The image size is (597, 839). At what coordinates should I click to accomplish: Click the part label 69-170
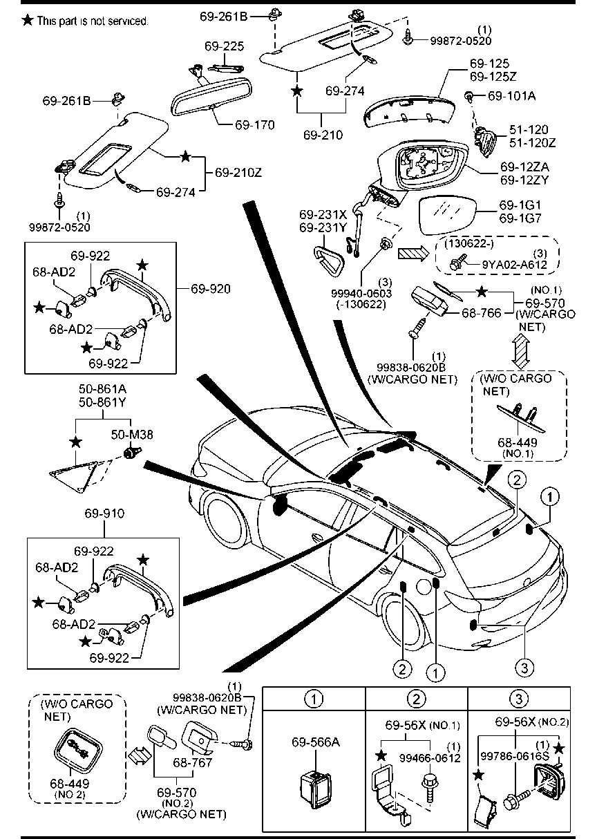(x=254, y=125)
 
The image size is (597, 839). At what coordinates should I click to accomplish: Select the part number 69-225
(x=224, y=47)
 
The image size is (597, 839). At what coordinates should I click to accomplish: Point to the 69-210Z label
(x=238, y=171)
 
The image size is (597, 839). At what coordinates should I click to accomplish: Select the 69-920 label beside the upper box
(x=212, y=287)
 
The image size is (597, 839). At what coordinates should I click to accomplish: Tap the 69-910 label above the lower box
(x=104, y=514)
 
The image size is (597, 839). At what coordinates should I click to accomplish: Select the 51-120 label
(x=529, y=130)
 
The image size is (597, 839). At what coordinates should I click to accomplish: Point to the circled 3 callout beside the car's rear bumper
(x=524, y=667)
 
